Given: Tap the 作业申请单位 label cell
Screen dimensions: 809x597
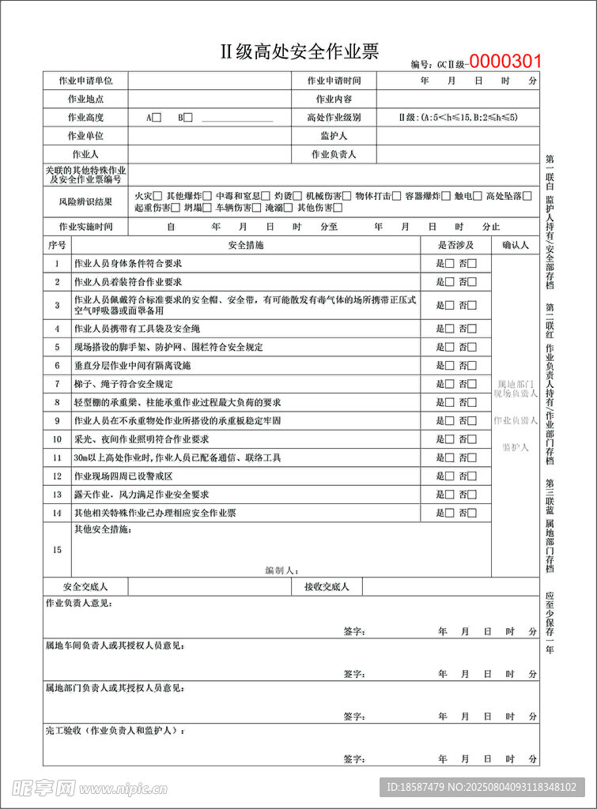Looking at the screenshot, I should tap(85, 81).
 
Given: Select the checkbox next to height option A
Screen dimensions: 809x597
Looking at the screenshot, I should tap(157, 118).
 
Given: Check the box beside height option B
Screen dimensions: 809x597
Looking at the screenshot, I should tap(188, 118).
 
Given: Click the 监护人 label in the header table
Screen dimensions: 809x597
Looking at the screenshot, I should tap(334, 136).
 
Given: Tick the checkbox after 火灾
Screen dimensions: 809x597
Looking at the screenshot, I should tap(158, 196).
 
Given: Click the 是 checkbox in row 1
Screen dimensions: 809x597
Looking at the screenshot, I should tap(449, 263).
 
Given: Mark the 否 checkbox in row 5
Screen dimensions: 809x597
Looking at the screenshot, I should tap(472, 347).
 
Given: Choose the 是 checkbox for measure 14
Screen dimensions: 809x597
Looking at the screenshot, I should tap(449, 513).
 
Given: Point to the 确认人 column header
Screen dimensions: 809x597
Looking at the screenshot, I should tap(515, 245).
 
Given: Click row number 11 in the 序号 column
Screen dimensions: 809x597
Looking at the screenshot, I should tap(57, 457).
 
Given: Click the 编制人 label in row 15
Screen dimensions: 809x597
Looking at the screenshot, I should tap(281, 570).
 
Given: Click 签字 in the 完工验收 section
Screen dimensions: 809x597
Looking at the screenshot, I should tap(353, 758).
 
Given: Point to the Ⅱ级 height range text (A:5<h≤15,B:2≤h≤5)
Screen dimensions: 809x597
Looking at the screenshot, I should tap(458, 118).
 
